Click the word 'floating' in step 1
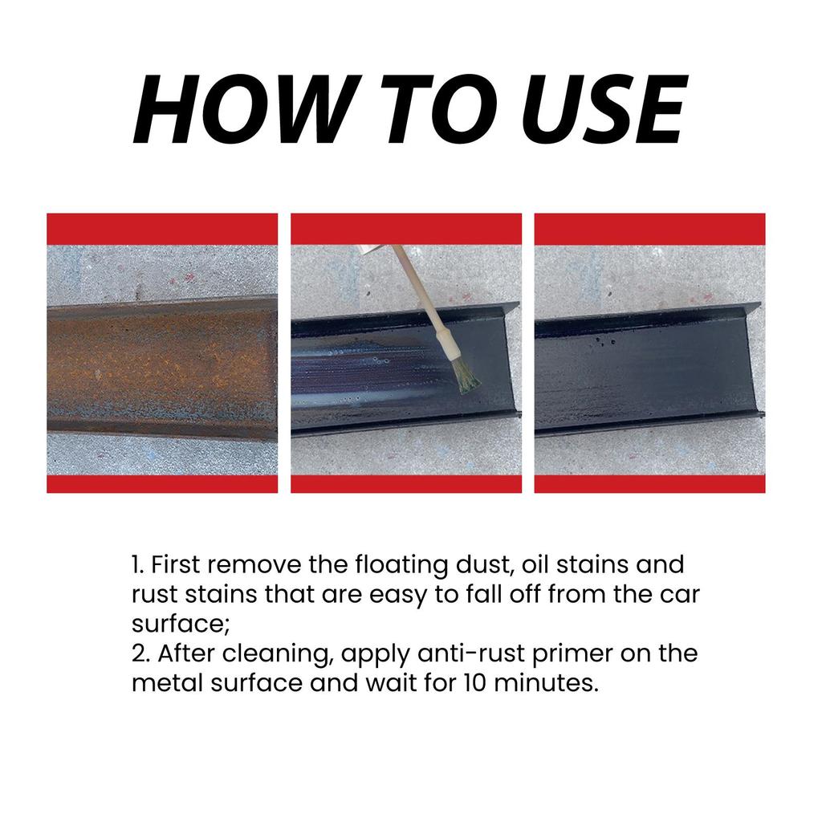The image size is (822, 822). [389, 566]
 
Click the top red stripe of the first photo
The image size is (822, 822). [162, 229]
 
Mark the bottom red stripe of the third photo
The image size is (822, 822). [649, 483]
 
